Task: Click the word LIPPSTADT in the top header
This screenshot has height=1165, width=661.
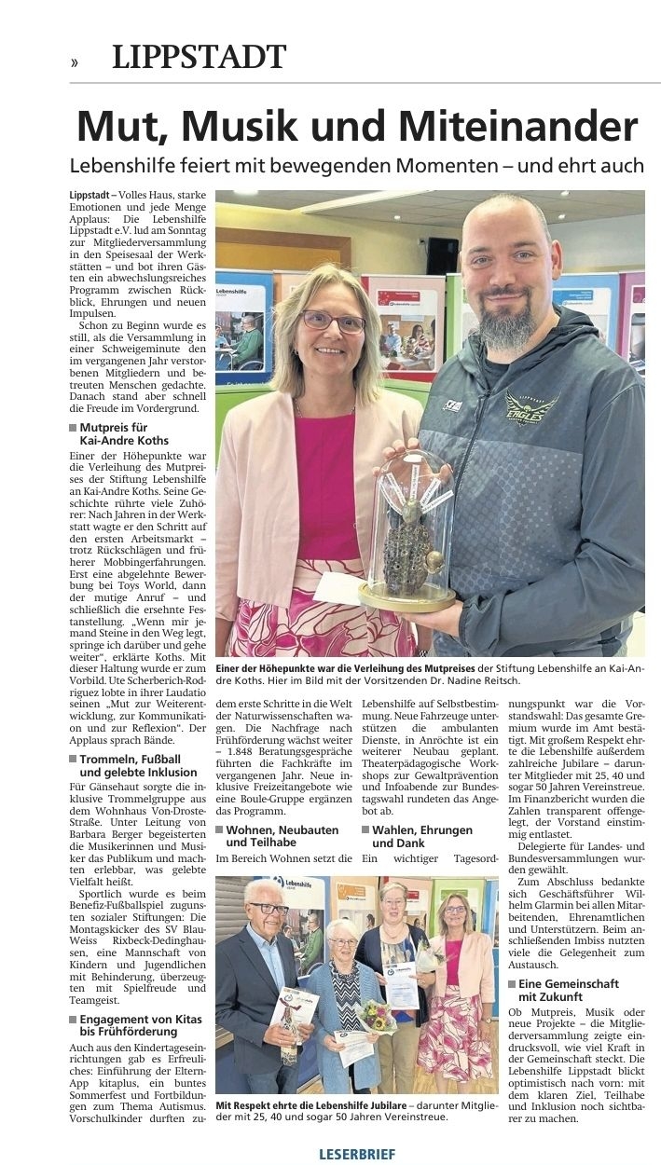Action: pyautogui.click(x=199, y=58)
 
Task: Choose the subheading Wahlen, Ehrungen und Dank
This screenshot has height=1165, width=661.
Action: pyautogui.click(x=421, y=836)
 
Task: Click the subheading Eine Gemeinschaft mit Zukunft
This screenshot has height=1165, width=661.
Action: pyautogui.click(x=568, y=990)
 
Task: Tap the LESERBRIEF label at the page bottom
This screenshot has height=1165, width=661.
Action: pyautogui.click(x=357, y=1154)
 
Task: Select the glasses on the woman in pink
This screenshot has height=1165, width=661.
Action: pyautogui.click(x=332, y=322)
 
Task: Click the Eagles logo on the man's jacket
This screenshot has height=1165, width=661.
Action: pyautogui.click(x=530, y=408)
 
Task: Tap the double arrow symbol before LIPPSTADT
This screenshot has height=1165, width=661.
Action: pyautogui.click(x=74, y=62)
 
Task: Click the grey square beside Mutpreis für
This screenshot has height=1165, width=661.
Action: pyautogui.click(x=73, y=428)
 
